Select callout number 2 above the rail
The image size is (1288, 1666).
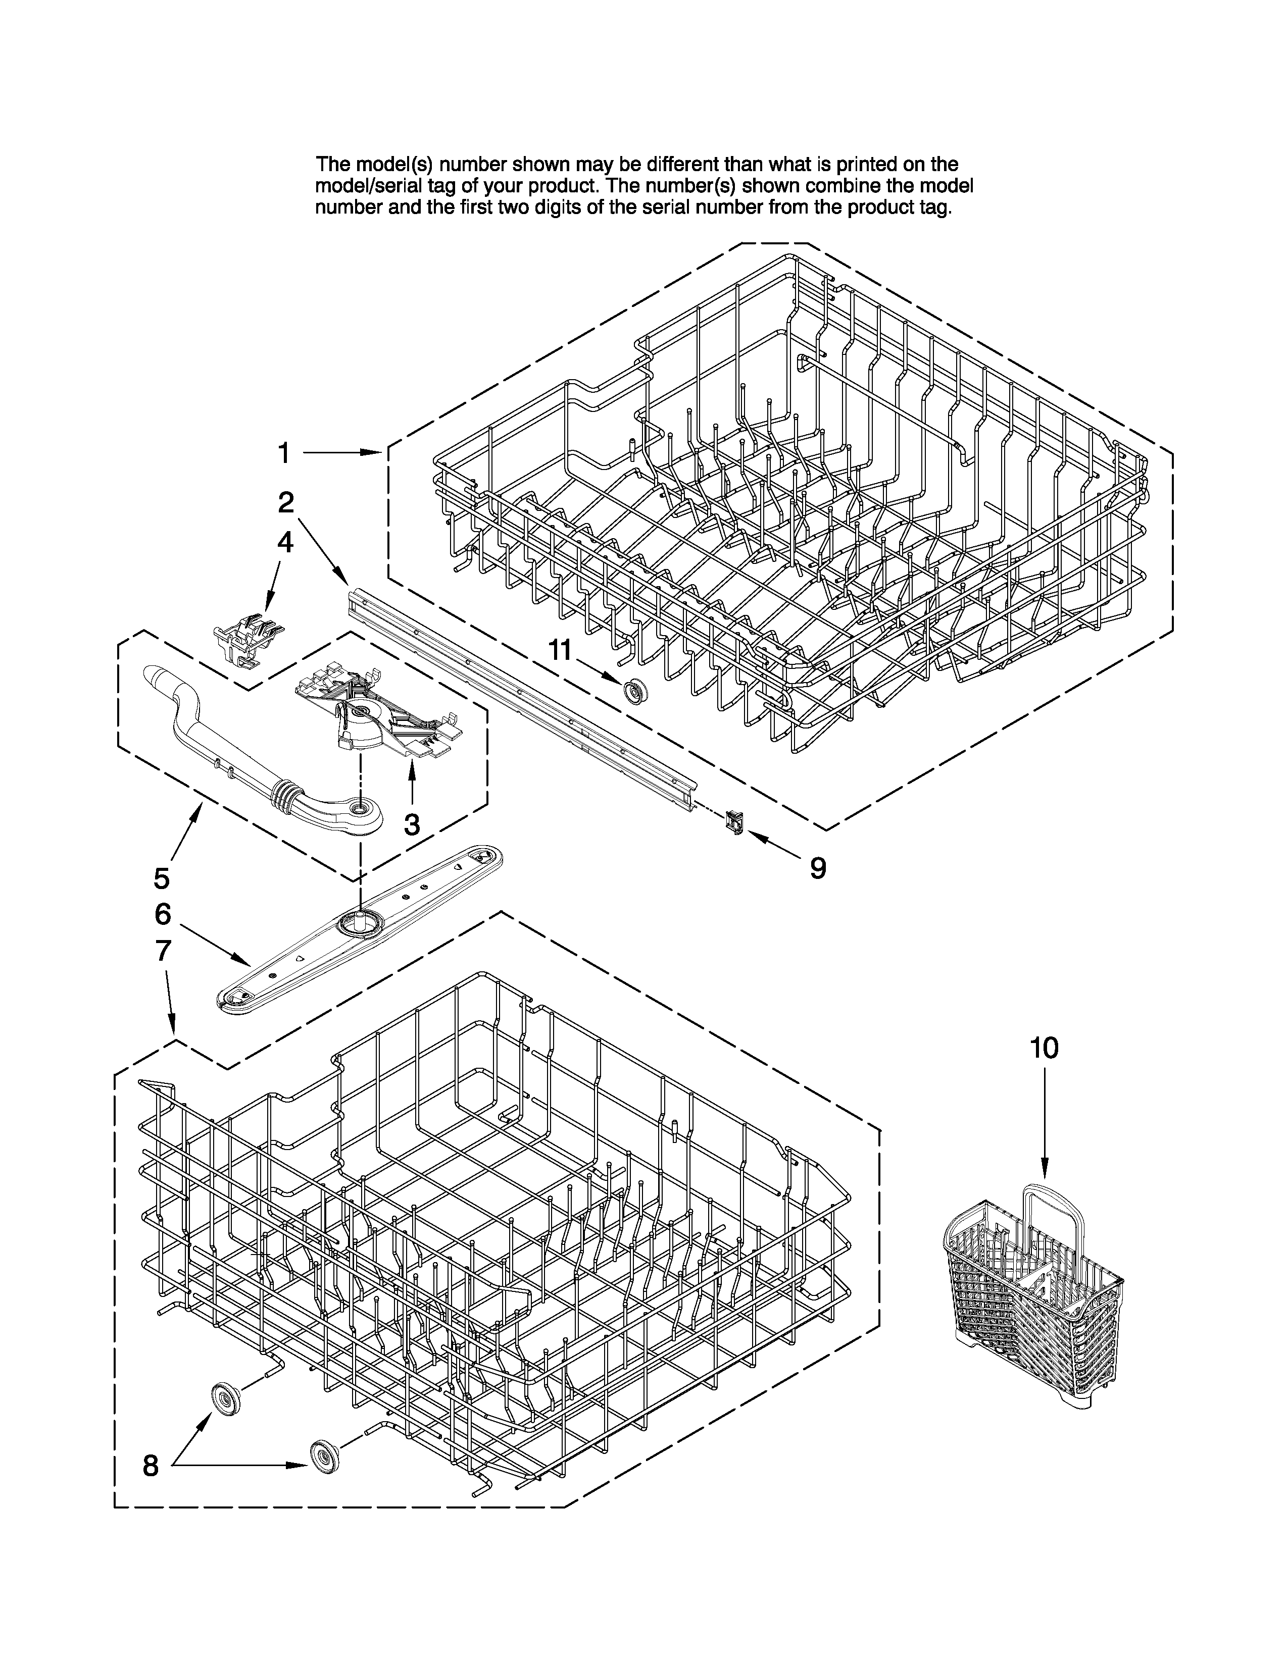pyautogui.click(x=285, y=501)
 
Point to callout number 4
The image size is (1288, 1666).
pyautogui.click(x=284, y=542)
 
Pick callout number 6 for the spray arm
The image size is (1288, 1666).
pyautogui.click(x=163, y=914)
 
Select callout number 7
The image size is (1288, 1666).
pyautogui.click(x=163, y=951)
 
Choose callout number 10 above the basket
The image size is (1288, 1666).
pyautogui.click(x=1044, y=1049)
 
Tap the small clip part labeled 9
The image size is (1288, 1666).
pyautogui.click(x=733, y=821)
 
